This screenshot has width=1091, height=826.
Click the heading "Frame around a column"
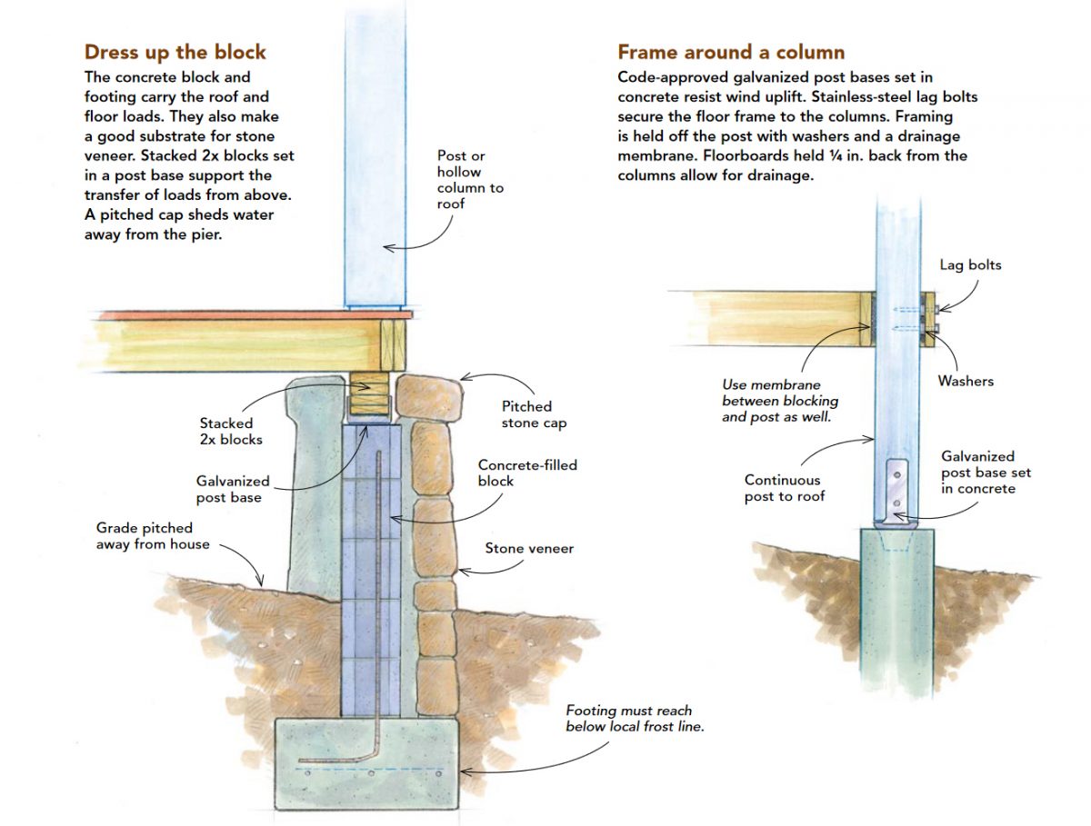coord(731,52)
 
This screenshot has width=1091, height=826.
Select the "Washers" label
coord(966,381)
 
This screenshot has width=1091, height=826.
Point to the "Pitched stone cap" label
coord(526,414)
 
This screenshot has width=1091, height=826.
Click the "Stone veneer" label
coord(529,548)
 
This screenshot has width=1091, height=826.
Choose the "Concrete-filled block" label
coord(527,473)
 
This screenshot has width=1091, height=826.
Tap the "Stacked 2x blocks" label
coord(227,431)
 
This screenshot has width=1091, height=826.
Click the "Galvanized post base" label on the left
coord(233,489)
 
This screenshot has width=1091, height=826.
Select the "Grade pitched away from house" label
coord(153,536)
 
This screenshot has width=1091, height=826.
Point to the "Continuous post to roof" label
coord(783,488)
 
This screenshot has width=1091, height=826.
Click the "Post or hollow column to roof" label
coord(470,180)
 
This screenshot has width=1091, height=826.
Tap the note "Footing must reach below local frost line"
coord(628,718)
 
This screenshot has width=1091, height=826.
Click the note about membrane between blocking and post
coord(780,401)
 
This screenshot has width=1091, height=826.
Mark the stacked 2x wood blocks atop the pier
coord(370,394)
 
